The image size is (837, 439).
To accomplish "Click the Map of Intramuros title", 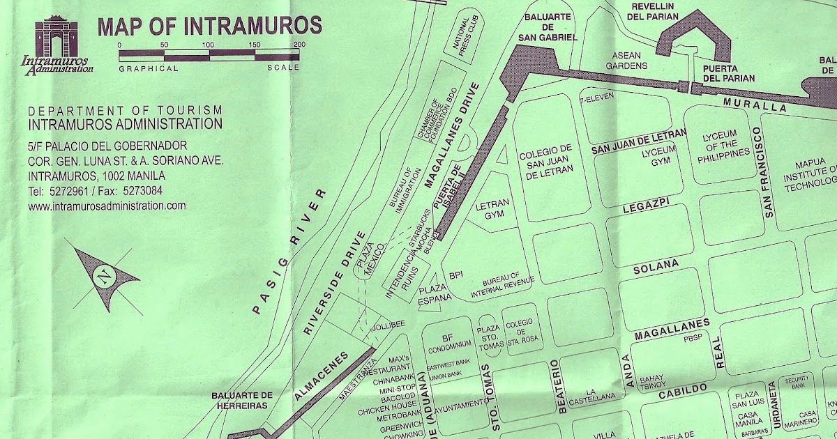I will (x=209, y=26).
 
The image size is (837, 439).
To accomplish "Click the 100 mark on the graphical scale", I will (x=208, y=45).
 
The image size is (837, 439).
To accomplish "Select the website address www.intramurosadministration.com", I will (x=107, y=206).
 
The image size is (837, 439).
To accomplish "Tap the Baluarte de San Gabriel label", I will (x=550, y=26).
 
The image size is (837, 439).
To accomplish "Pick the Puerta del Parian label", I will (x=728, y=72).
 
